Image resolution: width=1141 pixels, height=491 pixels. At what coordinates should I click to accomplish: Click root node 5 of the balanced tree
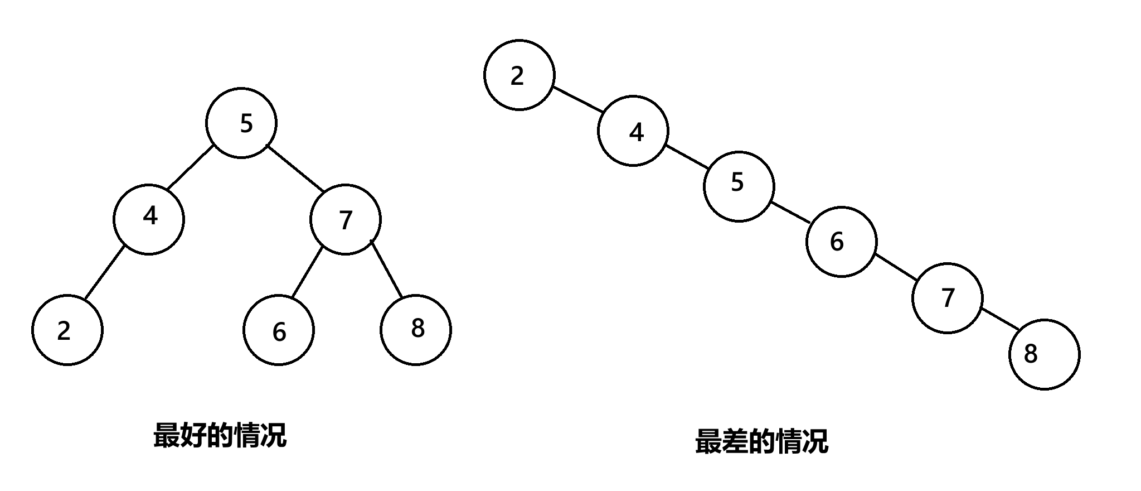tap(241, 123)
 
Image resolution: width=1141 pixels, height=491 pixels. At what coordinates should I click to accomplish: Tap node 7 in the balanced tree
tap(346, 219)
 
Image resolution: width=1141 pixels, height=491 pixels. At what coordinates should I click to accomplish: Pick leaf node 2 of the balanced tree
tap(67, 330)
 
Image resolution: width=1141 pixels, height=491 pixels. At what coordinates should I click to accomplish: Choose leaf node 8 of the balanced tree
tap(416, 330)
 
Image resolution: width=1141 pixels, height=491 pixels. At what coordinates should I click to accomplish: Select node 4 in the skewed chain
tap(633, 131)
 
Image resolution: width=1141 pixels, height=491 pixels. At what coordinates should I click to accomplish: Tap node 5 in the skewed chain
tap(739, 186)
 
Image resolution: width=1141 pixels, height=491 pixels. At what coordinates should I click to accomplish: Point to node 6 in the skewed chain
tap(842, 242)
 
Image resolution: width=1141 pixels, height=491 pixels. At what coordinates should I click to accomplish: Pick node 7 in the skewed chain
tap(948, 298)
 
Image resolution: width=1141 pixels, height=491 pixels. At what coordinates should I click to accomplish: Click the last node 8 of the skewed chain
tap(1045, 354)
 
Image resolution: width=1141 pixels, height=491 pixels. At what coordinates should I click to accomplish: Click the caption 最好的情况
tap(220, 436)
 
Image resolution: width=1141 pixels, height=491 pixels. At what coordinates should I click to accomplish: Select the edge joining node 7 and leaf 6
tap(307, 272)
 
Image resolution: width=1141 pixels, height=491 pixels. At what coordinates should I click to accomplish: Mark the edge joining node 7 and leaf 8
tap(386, 269)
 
